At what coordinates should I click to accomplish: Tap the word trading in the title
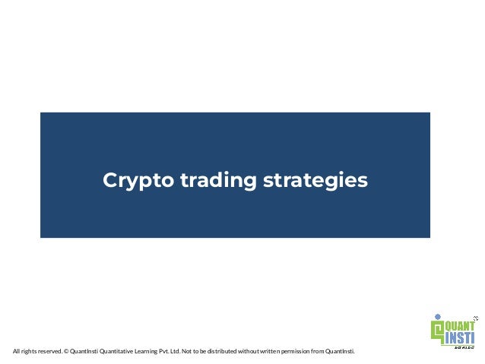(208, 181)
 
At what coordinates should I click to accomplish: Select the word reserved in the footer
(49, 351)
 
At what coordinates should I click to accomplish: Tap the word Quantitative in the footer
(114, 351)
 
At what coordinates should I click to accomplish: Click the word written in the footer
(268, 351)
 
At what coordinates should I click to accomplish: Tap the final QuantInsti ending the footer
(339, 351)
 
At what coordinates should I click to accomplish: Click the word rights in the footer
(27, 351)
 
